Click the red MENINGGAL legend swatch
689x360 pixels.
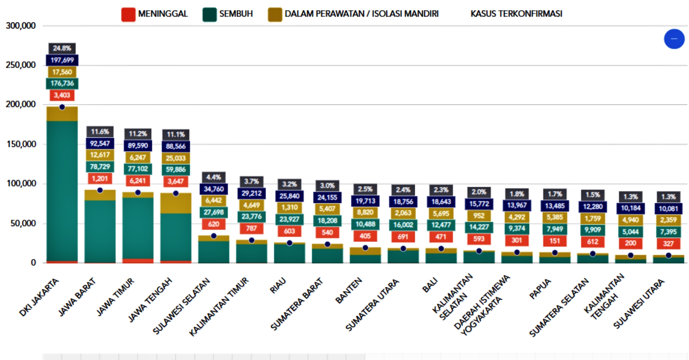pyautogui.click(x=128, y=14)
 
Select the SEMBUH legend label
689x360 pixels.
pyautogui.click(x=235, y=14)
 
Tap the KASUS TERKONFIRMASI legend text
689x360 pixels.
pyautogui.click(x=516, y=14)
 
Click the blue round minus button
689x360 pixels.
pyautogui.click(x=674, y=39)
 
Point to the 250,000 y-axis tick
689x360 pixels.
pyautogui.click(x=21, y=65)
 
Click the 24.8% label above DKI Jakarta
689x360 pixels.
pyautogui.click(x=62, y=48)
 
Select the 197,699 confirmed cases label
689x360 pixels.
pyautogui.click(x=62, y=60)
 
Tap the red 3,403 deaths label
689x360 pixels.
pyautogui.click(x=62, y=95)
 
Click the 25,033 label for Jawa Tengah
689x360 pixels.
pyautogui.click(x=175, y=158)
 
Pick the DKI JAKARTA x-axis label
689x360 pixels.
pyautogui.click(x=39, y=297)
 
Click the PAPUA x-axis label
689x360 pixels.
pyautogui.click(x=540, y=289)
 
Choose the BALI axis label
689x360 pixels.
pyautogui.click(x=430, y=285)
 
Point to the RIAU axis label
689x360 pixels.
pyautogui.click(x=278, y=286)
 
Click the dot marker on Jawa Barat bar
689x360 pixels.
pyautogui.click(x=100, y=190)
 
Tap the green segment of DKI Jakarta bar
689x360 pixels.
pyautogui.click(x=62, y=190)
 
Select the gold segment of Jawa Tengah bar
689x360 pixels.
pyautogui.click(x=175, y=204)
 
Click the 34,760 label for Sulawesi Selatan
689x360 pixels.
pyautogui.click(x=213, y=189)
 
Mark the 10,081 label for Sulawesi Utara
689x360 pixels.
pyautogui.click(x=668, y=208)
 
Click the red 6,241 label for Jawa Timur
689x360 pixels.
pyautogui.click(x=137, y=181)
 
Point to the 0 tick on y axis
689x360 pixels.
pyautogui.click(x=33, y=262)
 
